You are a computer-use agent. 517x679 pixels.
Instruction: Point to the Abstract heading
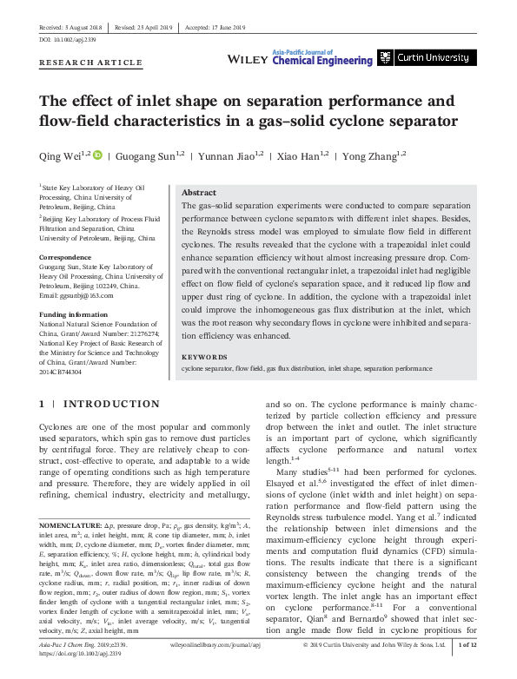198,193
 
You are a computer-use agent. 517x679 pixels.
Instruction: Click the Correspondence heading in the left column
68,258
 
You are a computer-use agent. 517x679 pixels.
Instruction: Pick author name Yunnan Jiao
228,156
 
